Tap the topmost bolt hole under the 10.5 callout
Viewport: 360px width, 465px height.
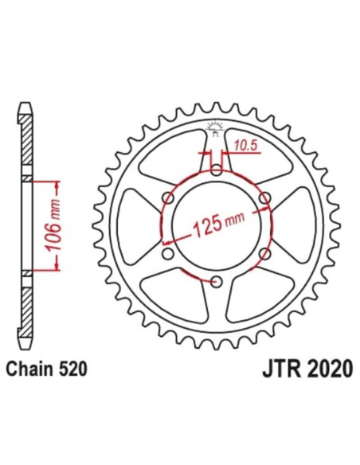[x=217, y=170]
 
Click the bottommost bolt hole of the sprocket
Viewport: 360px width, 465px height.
[x=217, y=280]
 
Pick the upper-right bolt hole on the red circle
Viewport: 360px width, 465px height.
[x=264, y=198]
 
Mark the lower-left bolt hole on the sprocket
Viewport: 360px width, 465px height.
[x=169, y=253]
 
